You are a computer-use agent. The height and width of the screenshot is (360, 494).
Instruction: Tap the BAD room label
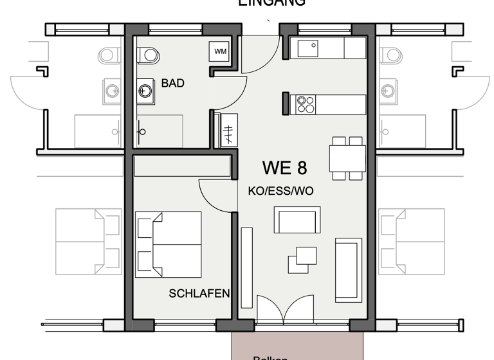[x=172, y=84]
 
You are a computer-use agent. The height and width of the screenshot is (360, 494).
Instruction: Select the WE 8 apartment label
[x=284, y=168]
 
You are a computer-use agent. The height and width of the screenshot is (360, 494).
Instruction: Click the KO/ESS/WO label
[x=280, y=192]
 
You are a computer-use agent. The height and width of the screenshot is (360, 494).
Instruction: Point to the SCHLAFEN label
[x=199, y=294]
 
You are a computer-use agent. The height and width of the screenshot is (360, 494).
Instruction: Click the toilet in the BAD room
[x=149, y=55]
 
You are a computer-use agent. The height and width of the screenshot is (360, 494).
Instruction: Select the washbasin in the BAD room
[x=145, y=91]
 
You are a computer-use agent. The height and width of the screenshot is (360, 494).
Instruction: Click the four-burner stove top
[x=305, y=104]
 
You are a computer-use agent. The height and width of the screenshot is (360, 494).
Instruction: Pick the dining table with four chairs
[x=347, y=158]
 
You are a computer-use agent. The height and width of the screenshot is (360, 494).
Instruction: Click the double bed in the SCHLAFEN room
[x=169, y=244]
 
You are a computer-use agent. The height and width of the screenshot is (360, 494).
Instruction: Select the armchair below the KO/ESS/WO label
[x=297, y=220]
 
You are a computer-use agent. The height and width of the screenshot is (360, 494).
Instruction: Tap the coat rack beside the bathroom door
[x=228, y=131]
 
